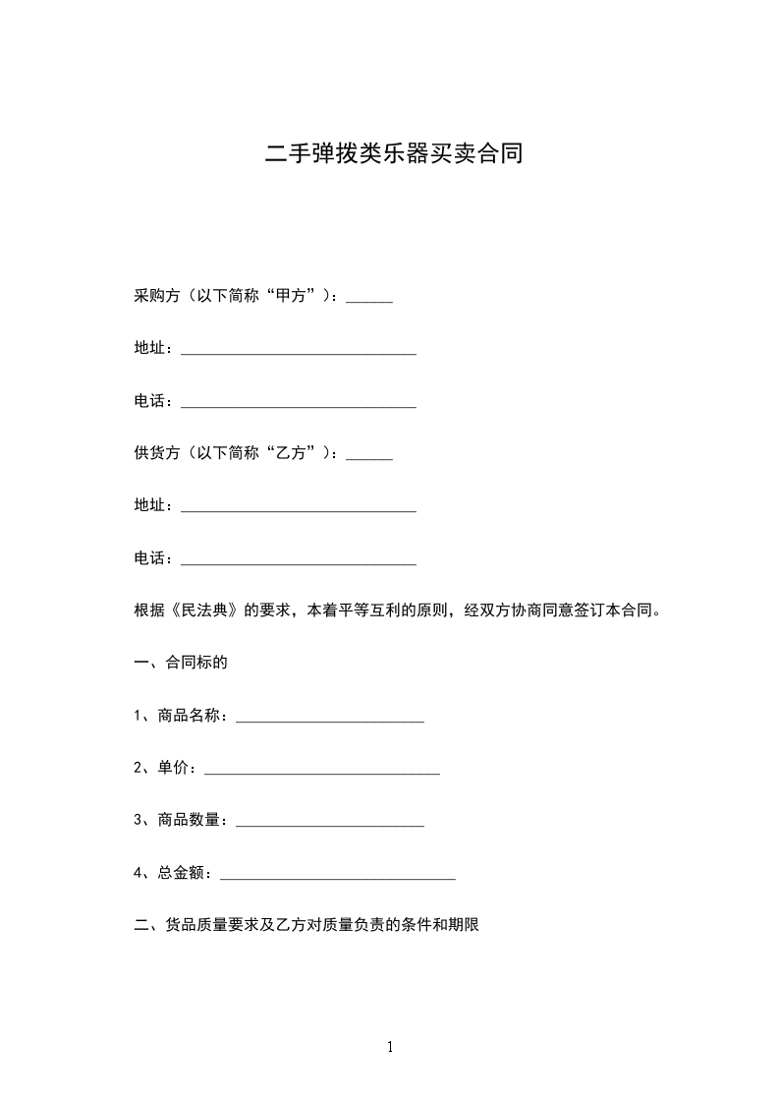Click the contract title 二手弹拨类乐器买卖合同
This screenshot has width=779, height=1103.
pyautogui.click(x=393, y=154)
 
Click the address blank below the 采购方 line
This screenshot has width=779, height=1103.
pyautogui.click(x=299, y=351)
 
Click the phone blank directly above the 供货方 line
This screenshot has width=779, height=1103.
pyautogui.click(x=299, y=403)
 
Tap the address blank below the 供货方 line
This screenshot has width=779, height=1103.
pyautogui.click(x=299, y=508)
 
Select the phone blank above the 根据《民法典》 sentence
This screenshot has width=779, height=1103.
pyautogui.click(x=299, y=561)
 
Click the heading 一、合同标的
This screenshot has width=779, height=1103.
pyautogui.click(x=181, y=662)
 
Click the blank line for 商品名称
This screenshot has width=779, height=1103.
pyautogui.click(x=330, y=719)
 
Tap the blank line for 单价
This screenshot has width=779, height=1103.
pyautogui.click(x=321, y=772)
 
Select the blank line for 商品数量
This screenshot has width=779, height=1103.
pyautogui.click(x=330, y=823)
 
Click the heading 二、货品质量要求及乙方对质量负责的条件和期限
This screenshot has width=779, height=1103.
pyautogui.click(x=306, y=925)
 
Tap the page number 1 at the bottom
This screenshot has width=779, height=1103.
pyautogui.click(x=390, y=1047)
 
